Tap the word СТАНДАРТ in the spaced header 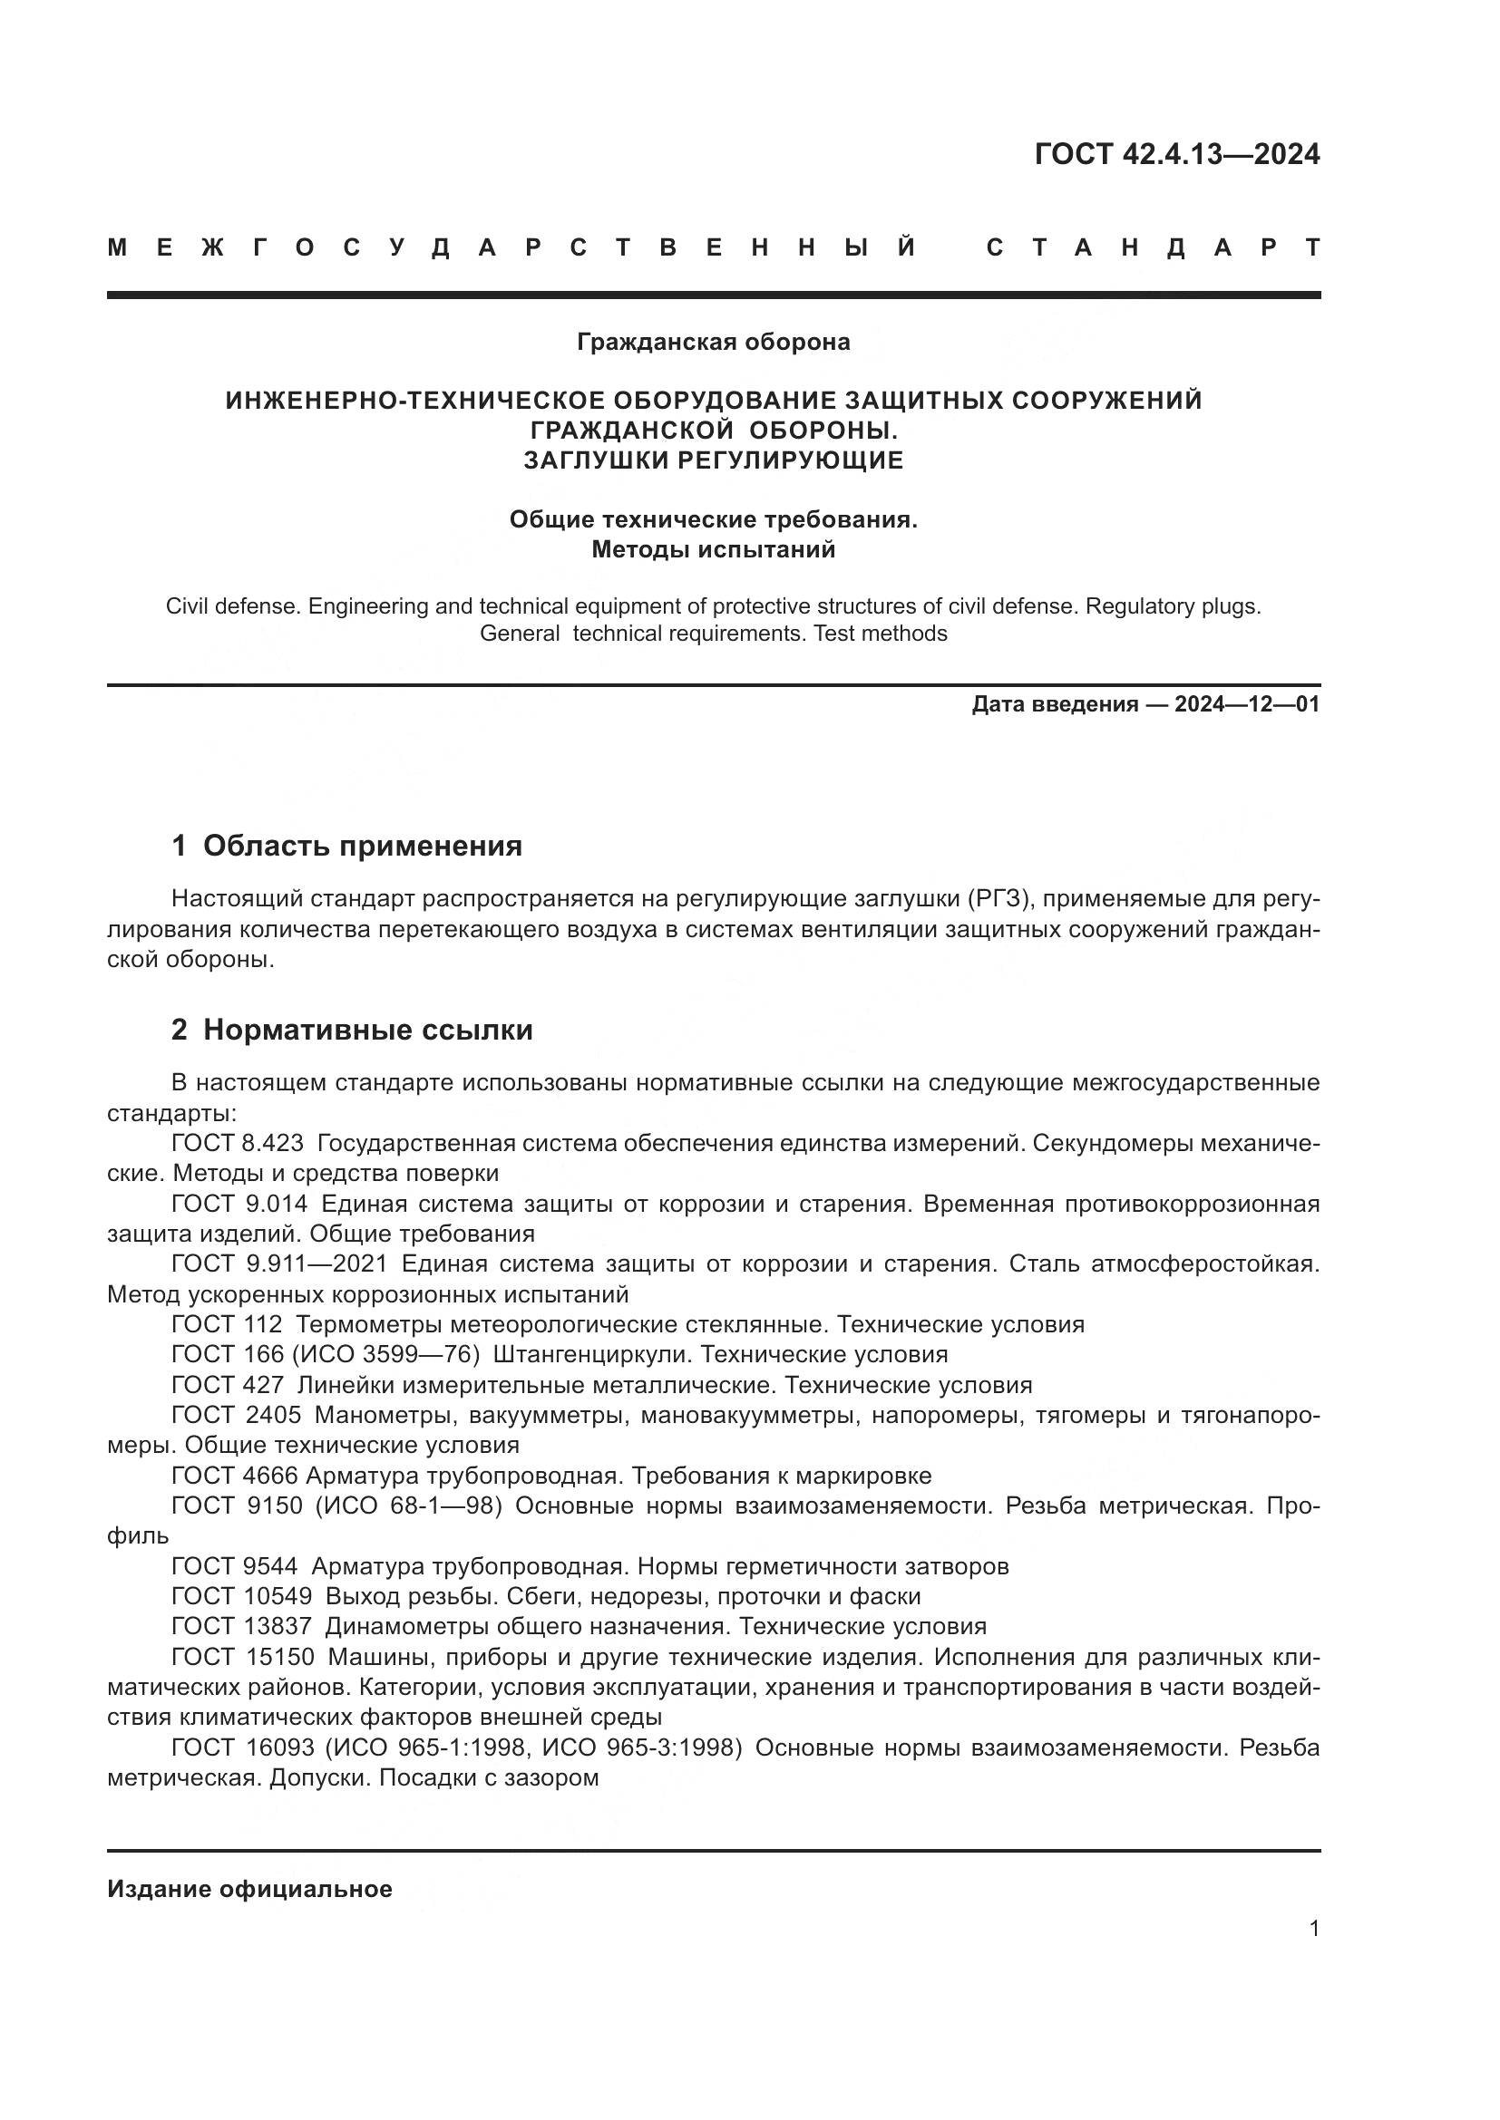[1153, 248]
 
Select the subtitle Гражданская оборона [713, 343]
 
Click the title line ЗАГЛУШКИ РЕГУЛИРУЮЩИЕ [713, 460]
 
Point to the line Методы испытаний [713, 549]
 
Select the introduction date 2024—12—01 [1247, 704]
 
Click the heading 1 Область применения [346, 846]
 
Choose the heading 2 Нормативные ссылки [352, 1030]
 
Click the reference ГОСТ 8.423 [238, 1143]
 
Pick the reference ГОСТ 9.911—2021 [279, 1264]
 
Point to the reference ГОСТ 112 [227, 1325]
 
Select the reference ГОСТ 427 [228, 1385]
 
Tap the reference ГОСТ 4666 [235, 1476]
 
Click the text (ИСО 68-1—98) [408, 1506]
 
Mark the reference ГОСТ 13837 [241, 1626]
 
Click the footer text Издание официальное [249, 1889]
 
